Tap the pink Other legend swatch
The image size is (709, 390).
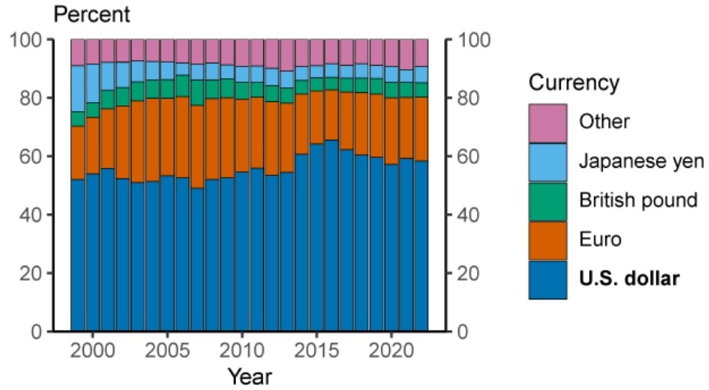tap(547, 122)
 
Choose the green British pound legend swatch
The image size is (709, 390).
tap(547, 201)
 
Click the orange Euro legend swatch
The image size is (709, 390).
tap(547, 240)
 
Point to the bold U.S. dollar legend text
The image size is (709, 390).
tap(629, 280)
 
